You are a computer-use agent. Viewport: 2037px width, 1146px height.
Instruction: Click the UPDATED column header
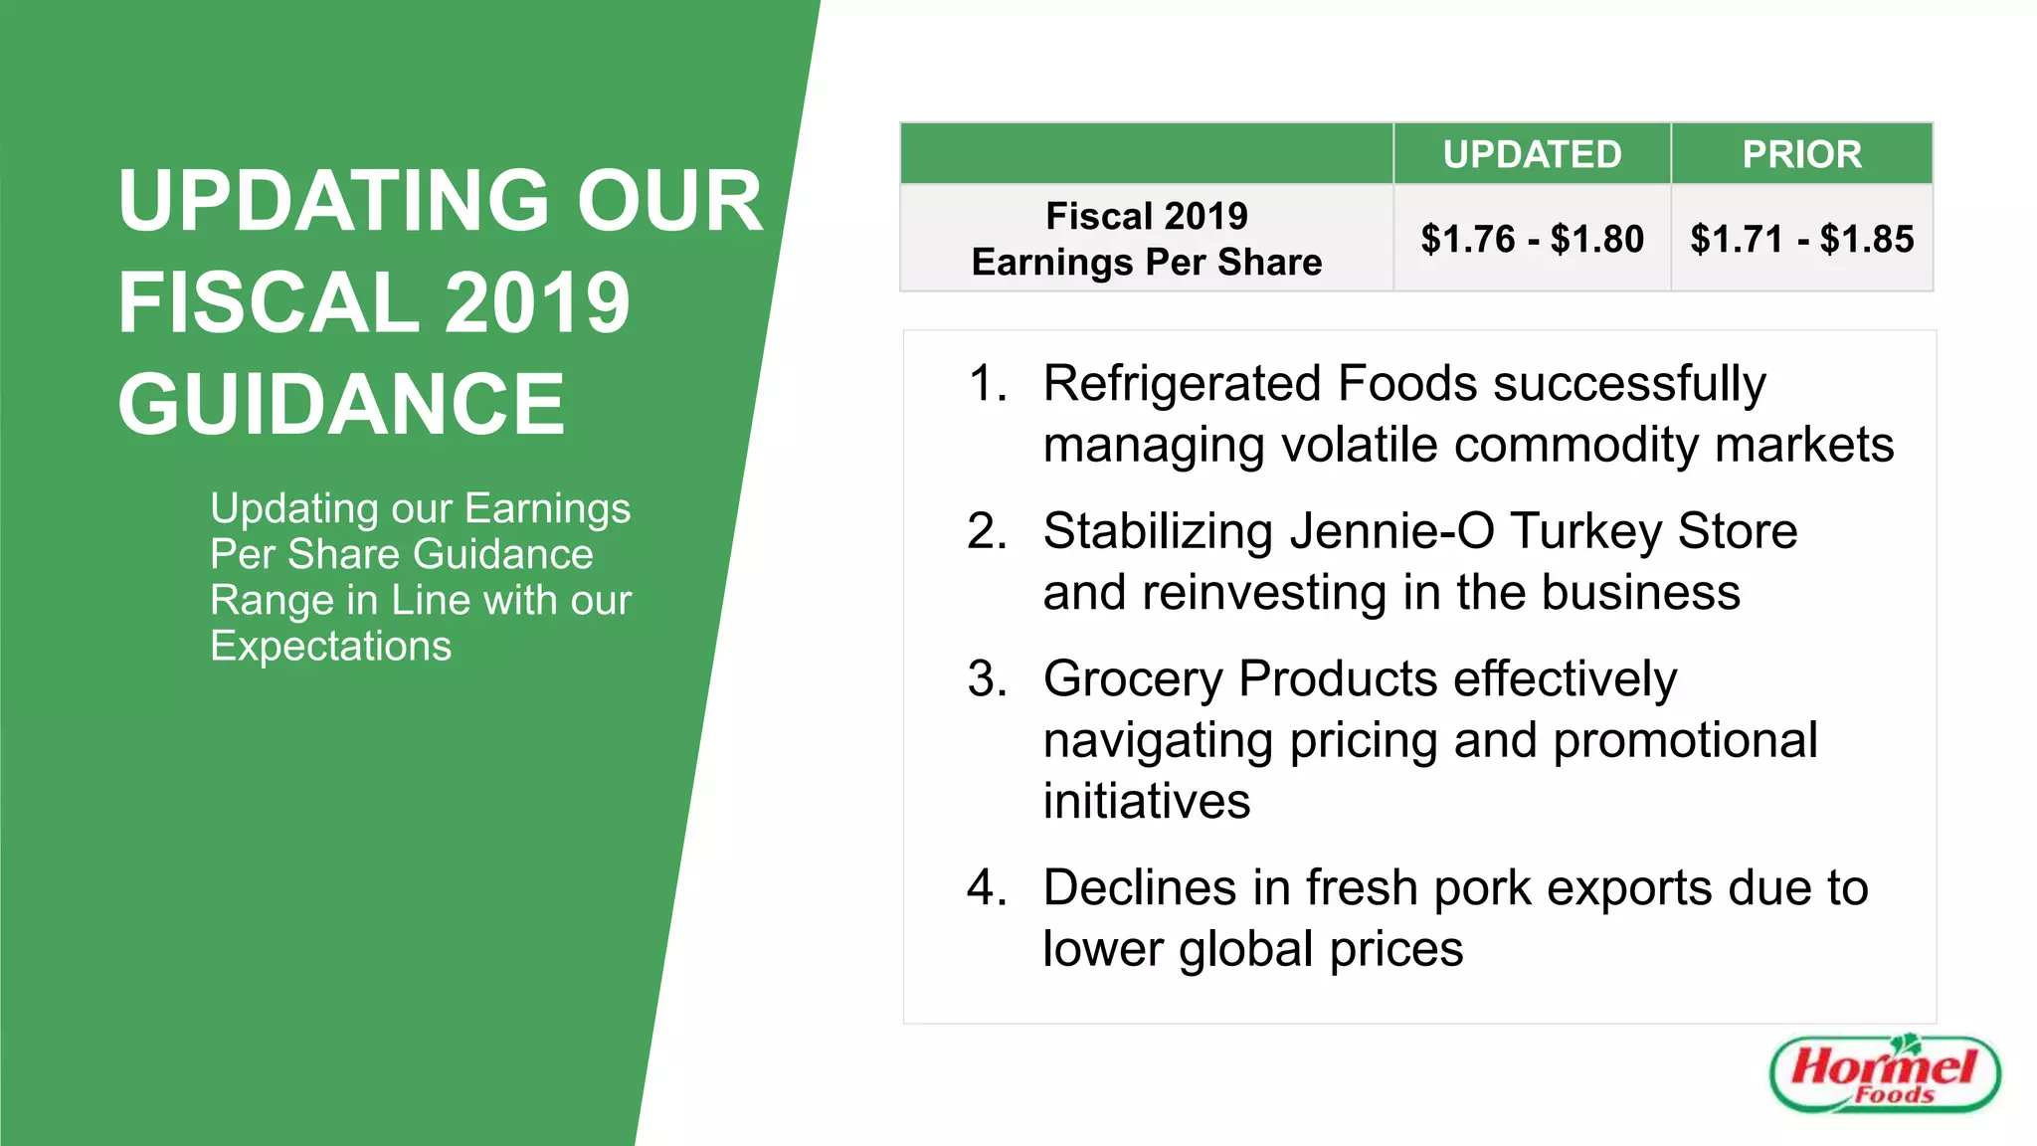pyautogui.click(x=1532, y=154)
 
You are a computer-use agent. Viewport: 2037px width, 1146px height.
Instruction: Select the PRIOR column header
pyautogui.click(x=1801, y=154)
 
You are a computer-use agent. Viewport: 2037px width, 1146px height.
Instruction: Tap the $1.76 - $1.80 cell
pyautogui.click(x=1532, y=239)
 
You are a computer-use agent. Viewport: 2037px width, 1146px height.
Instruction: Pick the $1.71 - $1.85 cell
pyautogui.click(x=1801, y=239)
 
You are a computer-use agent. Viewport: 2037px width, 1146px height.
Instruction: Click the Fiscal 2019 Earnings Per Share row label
pyautogui.click(x=1147, y=239)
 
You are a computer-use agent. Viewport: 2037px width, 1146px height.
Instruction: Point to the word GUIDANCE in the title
pyautogui.click(x=341, y=404)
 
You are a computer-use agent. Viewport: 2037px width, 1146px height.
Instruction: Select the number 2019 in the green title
pyautogui.click(x=537, y=302)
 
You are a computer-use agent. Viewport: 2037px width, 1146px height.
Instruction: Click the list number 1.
pyautogui.click(x=987, y=384)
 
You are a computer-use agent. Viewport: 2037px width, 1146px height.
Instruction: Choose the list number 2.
pyautogui.click(x=987, y=531)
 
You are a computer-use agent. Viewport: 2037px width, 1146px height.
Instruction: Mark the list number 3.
pyautogui.click(x=987, y=679)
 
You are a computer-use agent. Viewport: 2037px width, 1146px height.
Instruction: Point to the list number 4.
pyautogui.click(x=987, y=887)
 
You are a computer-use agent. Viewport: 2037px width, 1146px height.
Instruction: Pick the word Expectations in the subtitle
pyautogui.click(x=331, y=647)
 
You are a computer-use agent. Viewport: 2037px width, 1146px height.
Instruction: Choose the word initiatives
pyautogui.click(x=1147, y=801)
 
